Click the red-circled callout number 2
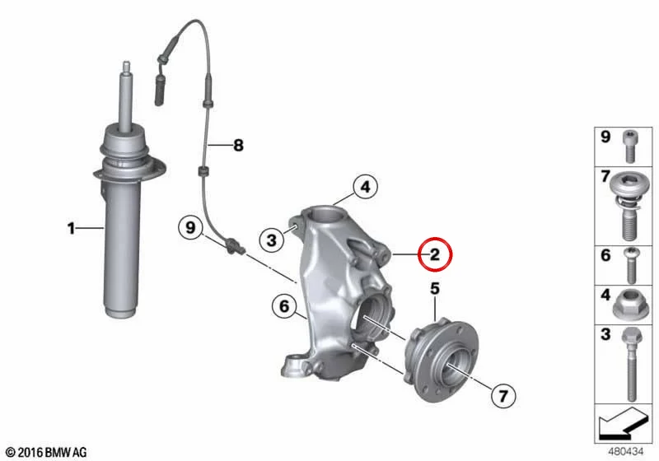pyautogui.click(x=435, y=254)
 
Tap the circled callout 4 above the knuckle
pyautogui.click(x=365, y=187)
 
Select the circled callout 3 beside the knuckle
pyautogui.click(x=272, y=240)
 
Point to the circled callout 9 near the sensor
pyautogui.click(x=191, y=228)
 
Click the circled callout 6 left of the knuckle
pyautogui.click(x=284, y=306)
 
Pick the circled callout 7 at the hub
pyautogui.click(x=503, y=395)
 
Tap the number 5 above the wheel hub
pyautogui.click(x=435, y=289)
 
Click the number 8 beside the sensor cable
pyautogui.click(x=238, y=146)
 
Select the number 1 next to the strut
pyautogui.click(x=71, y=228)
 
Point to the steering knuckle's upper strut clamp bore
pyautogui.click(x=323, y=214)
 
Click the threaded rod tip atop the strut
pyautogui.click(x=126, y=67)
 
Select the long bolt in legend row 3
pyautogui.click(x=629, y=365)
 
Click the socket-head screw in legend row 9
pyautogui.click(x=629, y=146)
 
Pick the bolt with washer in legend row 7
pyautogui.click(x=629, y=206)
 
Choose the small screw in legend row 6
pyautogui.click(x=630, y=265)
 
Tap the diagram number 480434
pyautogui.click(x=626, y=451)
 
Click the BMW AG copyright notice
pyautogui.click(x=47, y=452)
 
